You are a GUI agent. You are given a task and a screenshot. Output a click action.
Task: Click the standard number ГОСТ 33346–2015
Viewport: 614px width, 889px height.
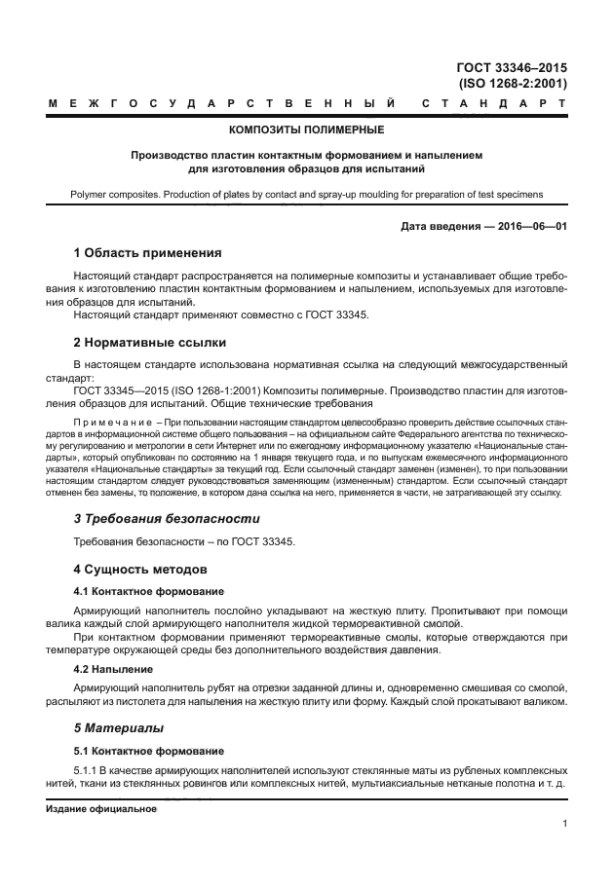(x=511, y=67)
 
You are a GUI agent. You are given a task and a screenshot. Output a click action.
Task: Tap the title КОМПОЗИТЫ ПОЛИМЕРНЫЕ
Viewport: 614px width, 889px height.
(x=306, y=129)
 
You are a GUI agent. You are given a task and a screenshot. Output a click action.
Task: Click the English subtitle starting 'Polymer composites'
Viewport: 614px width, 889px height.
(x=306, y=194)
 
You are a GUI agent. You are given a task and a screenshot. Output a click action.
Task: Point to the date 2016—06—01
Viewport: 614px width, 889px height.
(x=526, y=227)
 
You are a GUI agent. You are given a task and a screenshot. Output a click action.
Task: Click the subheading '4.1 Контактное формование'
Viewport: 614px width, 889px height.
(x=149, y=590)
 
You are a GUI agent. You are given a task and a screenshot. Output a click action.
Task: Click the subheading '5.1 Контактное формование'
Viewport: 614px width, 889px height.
(x=149, y=751)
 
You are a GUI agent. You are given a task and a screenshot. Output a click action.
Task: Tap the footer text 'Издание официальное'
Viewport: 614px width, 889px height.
(x=101, y=808)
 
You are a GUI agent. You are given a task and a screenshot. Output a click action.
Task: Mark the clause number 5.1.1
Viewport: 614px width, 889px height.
(x=88, y=769)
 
